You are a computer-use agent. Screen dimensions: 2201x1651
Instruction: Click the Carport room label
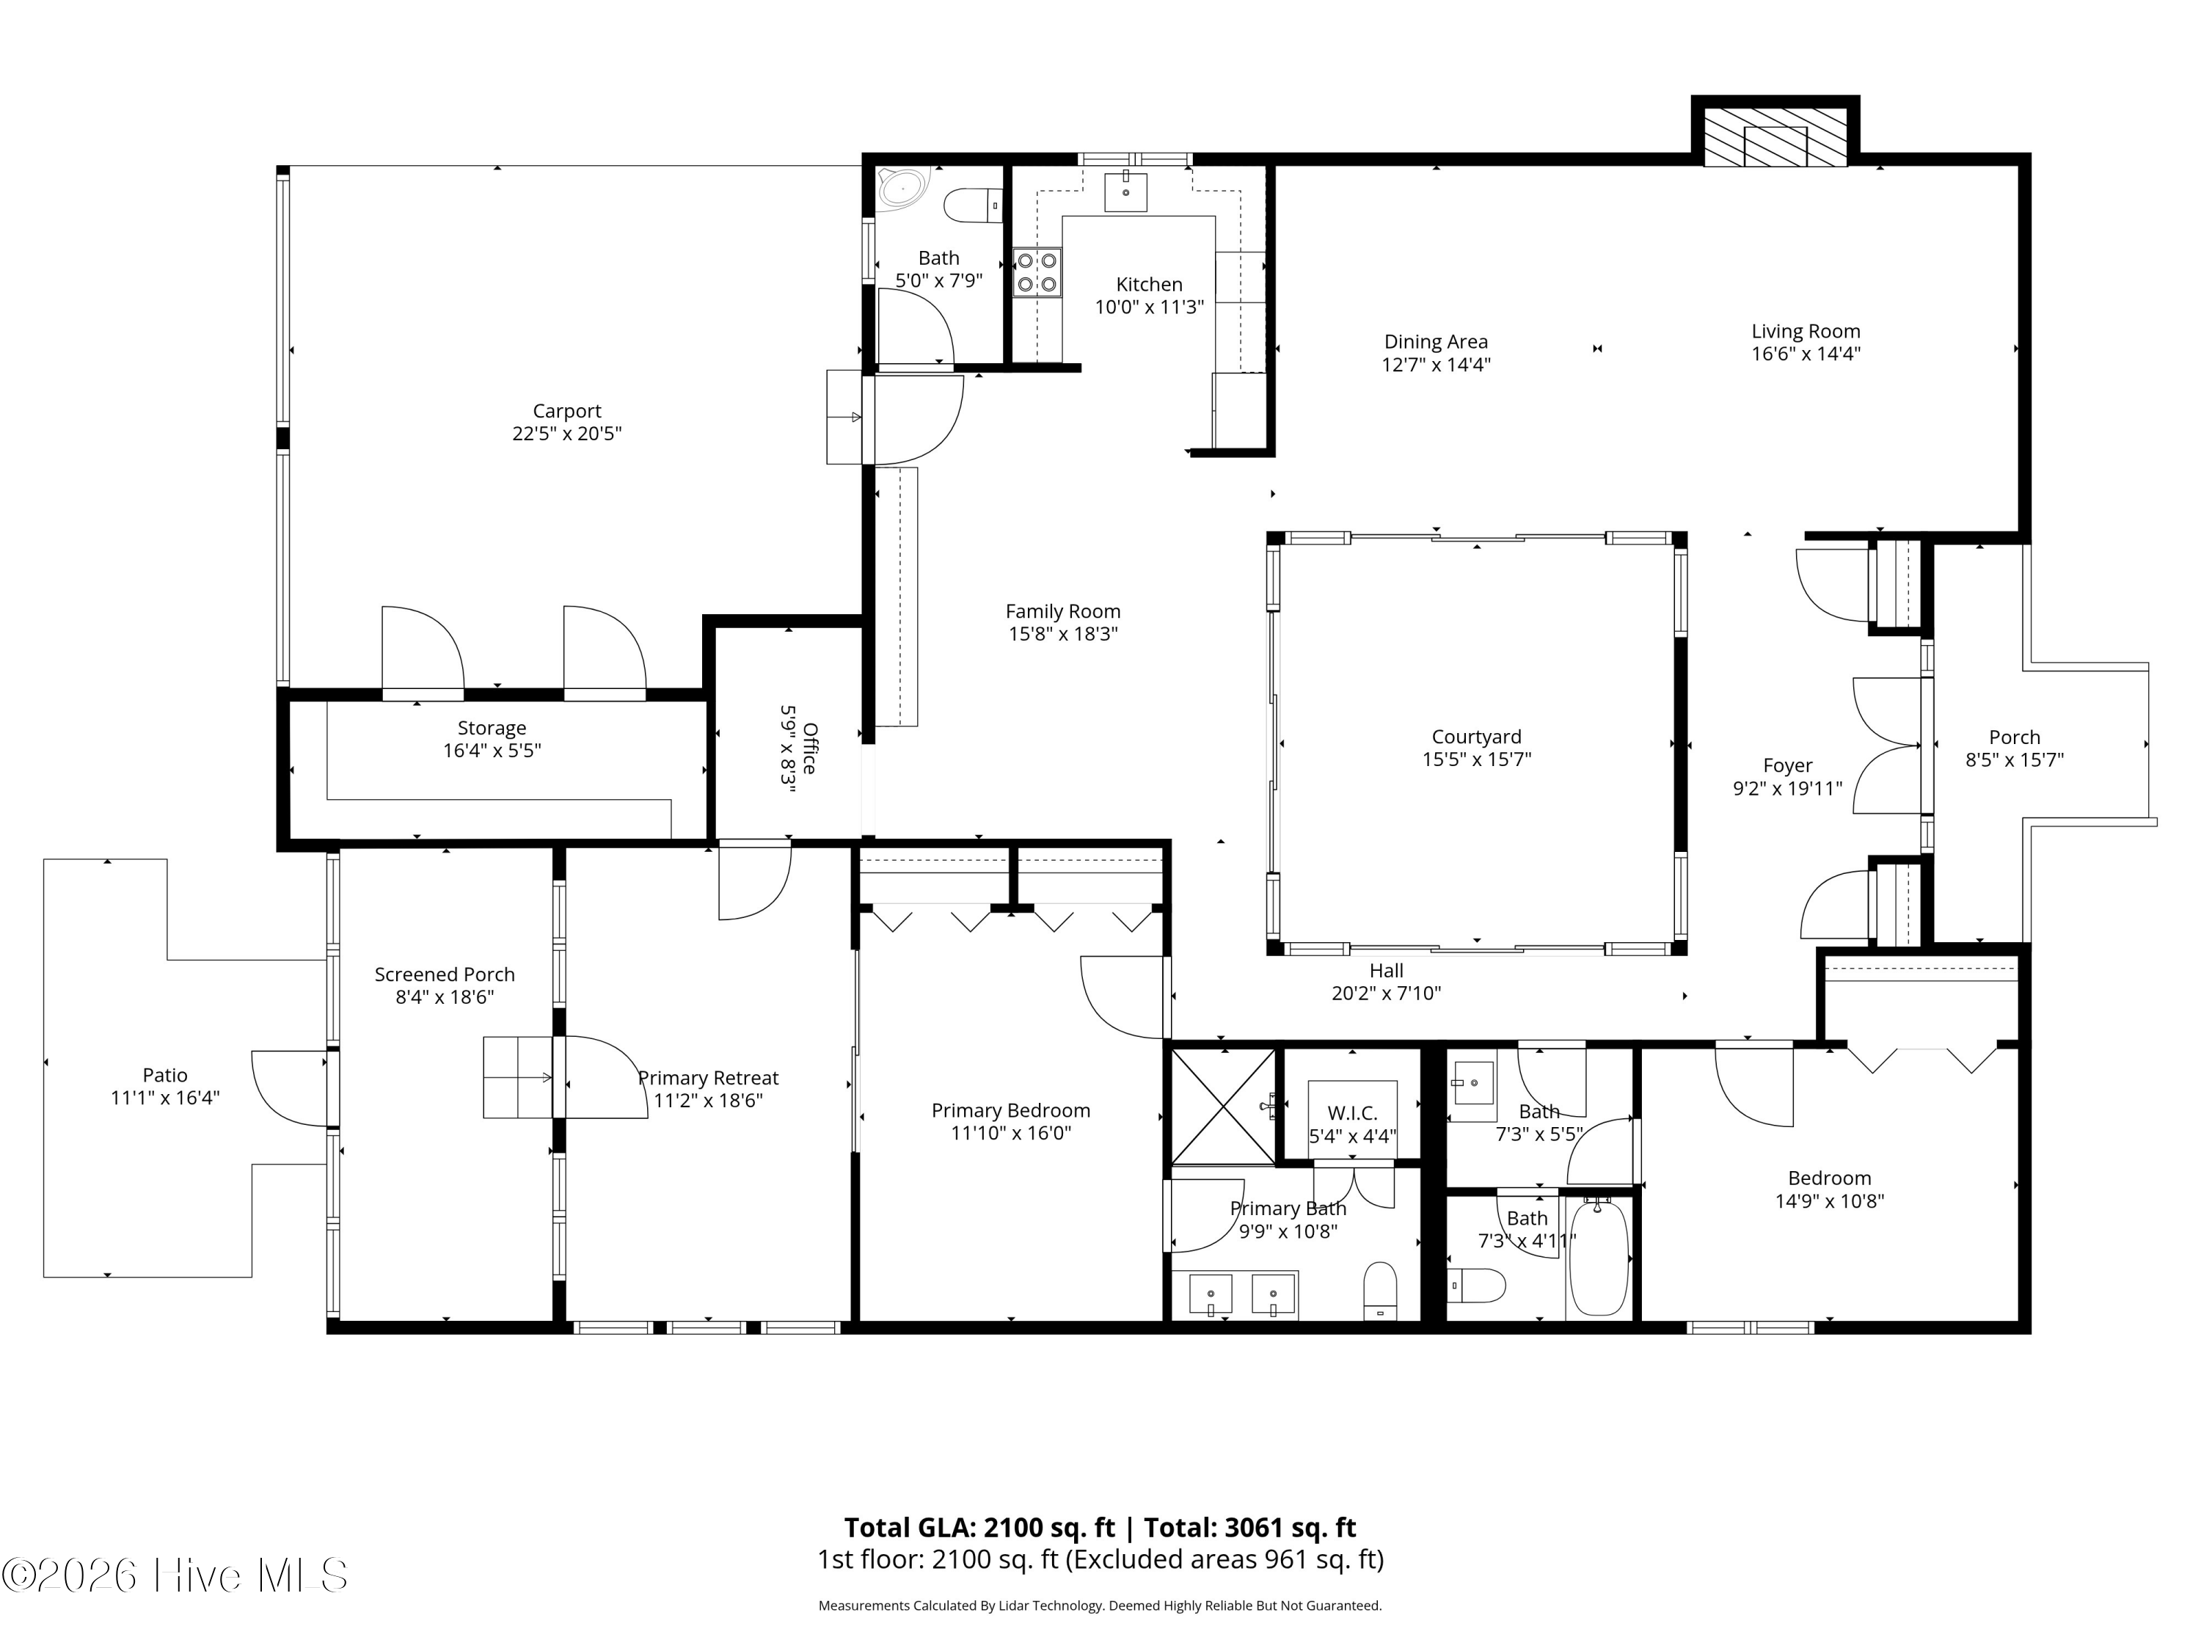coord(566,411)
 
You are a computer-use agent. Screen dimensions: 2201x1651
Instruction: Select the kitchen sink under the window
coord(1125,193)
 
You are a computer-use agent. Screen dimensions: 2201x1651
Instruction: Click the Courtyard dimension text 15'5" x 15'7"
coord(1477,759)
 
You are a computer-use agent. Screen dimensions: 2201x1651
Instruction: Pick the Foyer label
coord(1787,765)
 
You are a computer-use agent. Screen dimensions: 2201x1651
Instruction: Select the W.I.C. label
coord(1352,1114)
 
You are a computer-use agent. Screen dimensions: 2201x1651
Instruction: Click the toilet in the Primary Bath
coord(1380,1291)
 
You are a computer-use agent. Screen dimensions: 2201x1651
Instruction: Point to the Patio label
coord(165,1075)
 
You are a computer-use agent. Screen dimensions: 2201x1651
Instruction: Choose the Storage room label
coord(492,729)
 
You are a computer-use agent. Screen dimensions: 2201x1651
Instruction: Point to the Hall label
coord(1386,970)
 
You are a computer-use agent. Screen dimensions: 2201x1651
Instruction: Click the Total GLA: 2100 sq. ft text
coord(980,1528)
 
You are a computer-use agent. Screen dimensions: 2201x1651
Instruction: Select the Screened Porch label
coord(445,974)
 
